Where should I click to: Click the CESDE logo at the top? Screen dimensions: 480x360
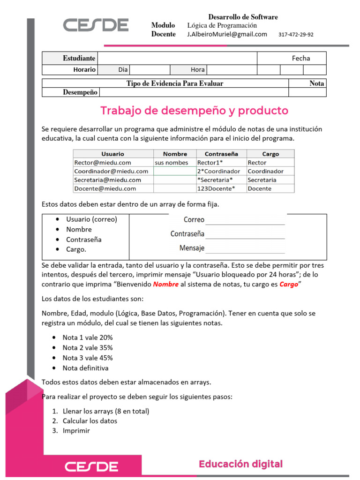pyautogui.click(x=96, y=25)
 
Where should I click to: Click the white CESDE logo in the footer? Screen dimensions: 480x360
pyautogui.click(x=91, y=466)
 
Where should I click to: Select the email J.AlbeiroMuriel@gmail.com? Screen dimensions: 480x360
pyautogui.click(x=227, y=34)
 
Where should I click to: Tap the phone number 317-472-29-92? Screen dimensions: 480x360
pyautogui.click(x=296, y=35)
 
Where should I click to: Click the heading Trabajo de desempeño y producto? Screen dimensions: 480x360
pyautogui.click(x=194, y=111)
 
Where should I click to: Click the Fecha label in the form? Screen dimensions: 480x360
pyautogui.click(x=301, y=58)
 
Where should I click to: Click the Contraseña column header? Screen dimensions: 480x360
pyautogui.click(x=222, y=154)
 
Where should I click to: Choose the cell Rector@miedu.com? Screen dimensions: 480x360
pyautogui.click(x=103, y=163)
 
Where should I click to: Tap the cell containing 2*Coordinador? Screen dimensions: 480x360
pyautogui.click(x=219, y=171)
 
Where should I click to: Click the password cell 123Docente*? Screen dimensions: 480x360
pyautogui.click(x=216, y=188)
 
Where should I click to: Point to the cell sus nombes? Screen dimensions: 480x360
pyautogui.click(x=172, y=163)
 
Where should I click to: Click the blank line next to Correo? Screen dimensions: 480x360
pyautogui.click(x=245, y=221)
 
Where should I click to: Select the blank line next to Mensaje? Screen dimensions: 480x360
pyautogui.click(x=245, y=249)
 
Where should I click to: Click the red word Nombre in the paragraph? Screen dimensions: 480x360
pyautogui.click(x=165, y=285)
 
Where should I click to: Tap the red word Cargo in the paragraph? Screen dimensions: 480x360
pyautogui.click(x=289, y=285)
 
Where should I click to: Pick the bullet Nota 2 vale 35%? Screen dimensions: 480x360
pyautogui.click(x=88, y=348)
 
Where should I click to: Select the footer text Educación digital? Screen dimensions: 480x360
pyautogui.click(x=240, y=464)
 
